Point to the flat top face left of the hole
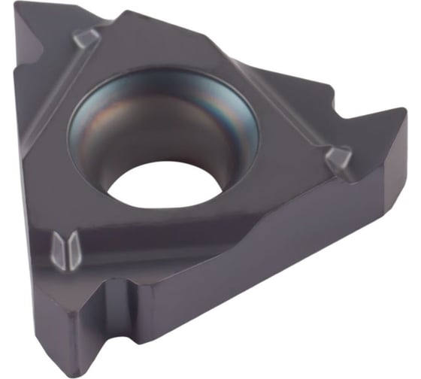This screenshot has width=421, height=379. coord(53,150)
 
